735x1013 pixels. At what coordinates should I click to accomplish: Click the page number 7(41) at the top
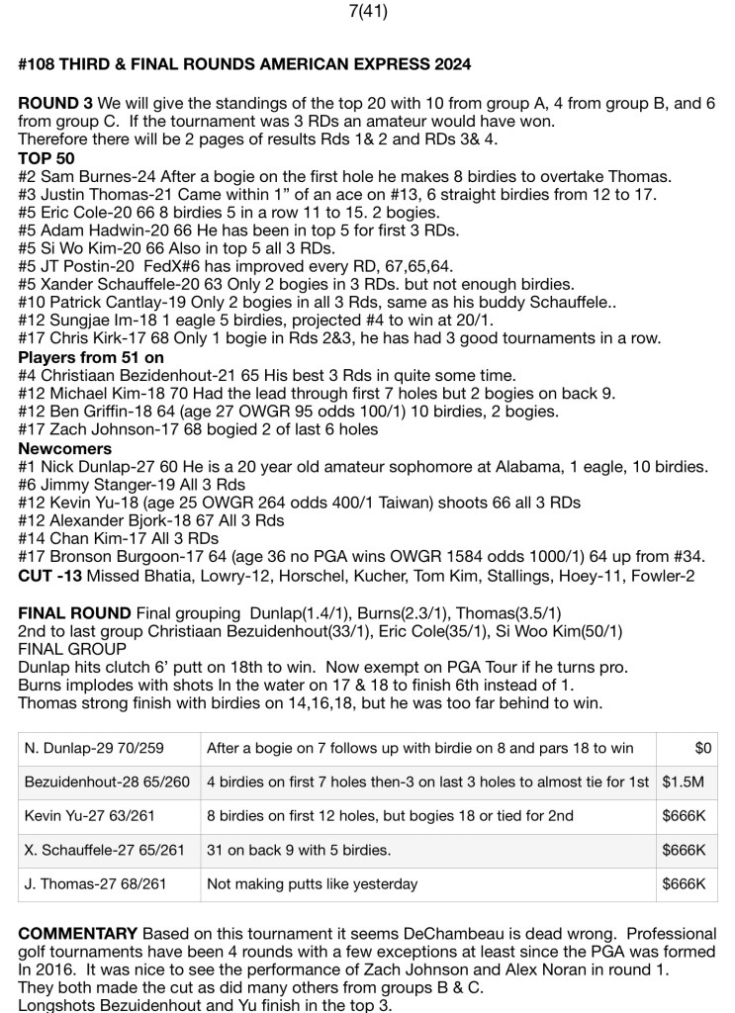click(368, 12)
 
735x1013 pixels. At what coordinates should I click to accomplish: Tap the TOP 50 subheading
click(46, 158)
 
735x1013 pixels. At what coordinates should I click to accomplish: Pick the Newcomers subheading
click(58, 448)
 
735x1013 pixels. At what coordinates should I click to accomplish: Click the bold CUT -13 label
click(46, 575)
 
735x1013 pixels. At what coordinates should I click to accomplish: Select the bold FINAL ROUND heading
click(74, 612)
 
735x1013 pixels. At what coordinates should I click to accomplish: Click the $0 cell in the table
click(703, 749)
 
